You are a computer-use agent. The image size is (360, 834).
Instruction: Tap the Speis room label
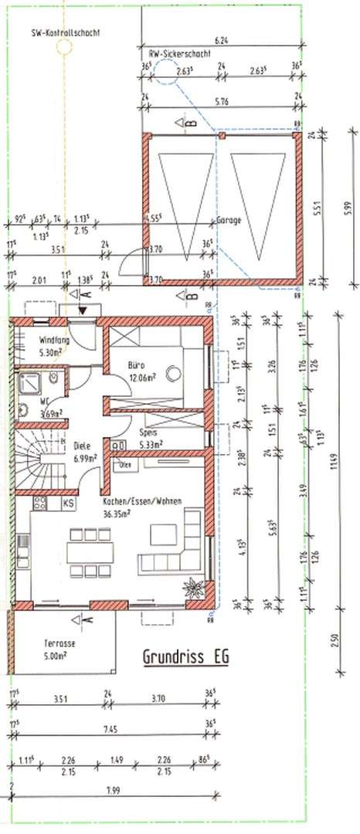pyautogui.click(x=128, y=433)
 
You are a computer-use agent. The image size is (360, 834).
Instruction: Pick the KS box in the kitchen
pyautogui.click(x=69, y=503)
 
